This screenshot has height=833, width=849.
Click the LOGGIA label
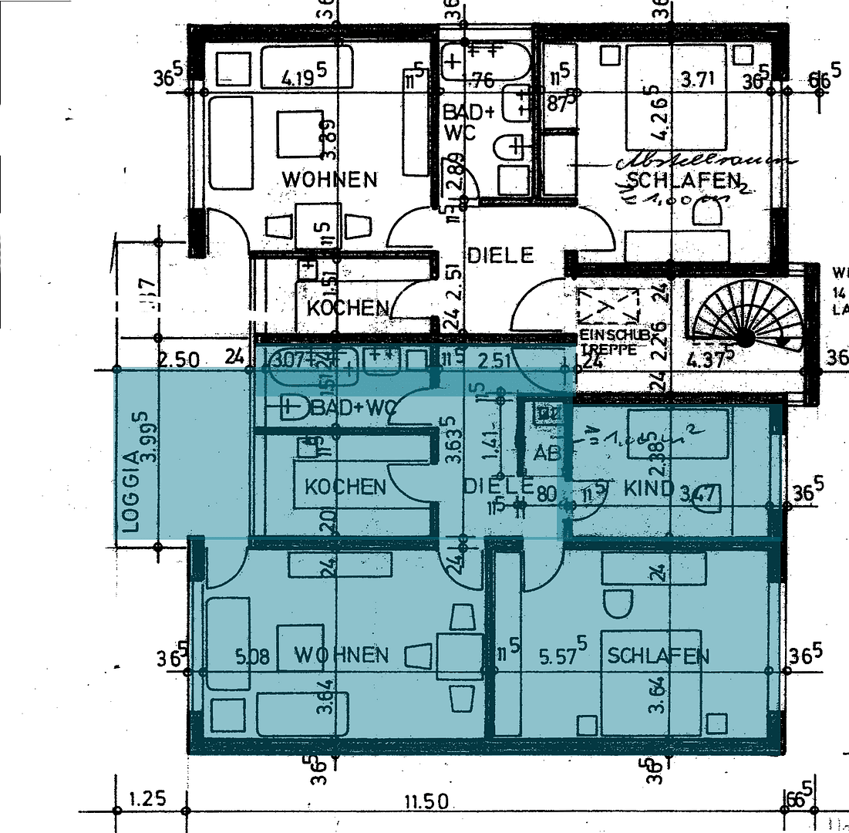tap(131, 494)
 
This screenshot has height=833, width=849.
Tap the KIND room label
tap(649, 487)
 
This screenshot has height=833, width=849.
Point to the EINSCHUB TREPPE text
tap(609, 342)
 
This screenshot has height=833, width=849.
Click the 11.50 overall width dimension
tap(425, 802)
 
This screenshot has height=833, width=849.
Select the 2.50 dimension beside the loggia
tap(179, 359)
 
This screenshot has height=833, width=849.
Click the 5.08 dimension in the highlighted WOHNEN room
tap(252, 657)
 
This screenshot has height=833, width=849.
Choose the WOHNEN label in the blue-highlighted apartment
tap(342, 656)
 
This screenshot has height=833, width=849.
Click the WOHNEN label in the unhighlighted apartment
tap(329, 180)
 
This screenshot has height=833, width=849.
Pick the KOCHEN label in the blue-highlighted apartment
tap(345, 487)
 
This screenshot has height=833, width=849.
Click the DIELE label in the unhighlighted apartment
tap(500, 255)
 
